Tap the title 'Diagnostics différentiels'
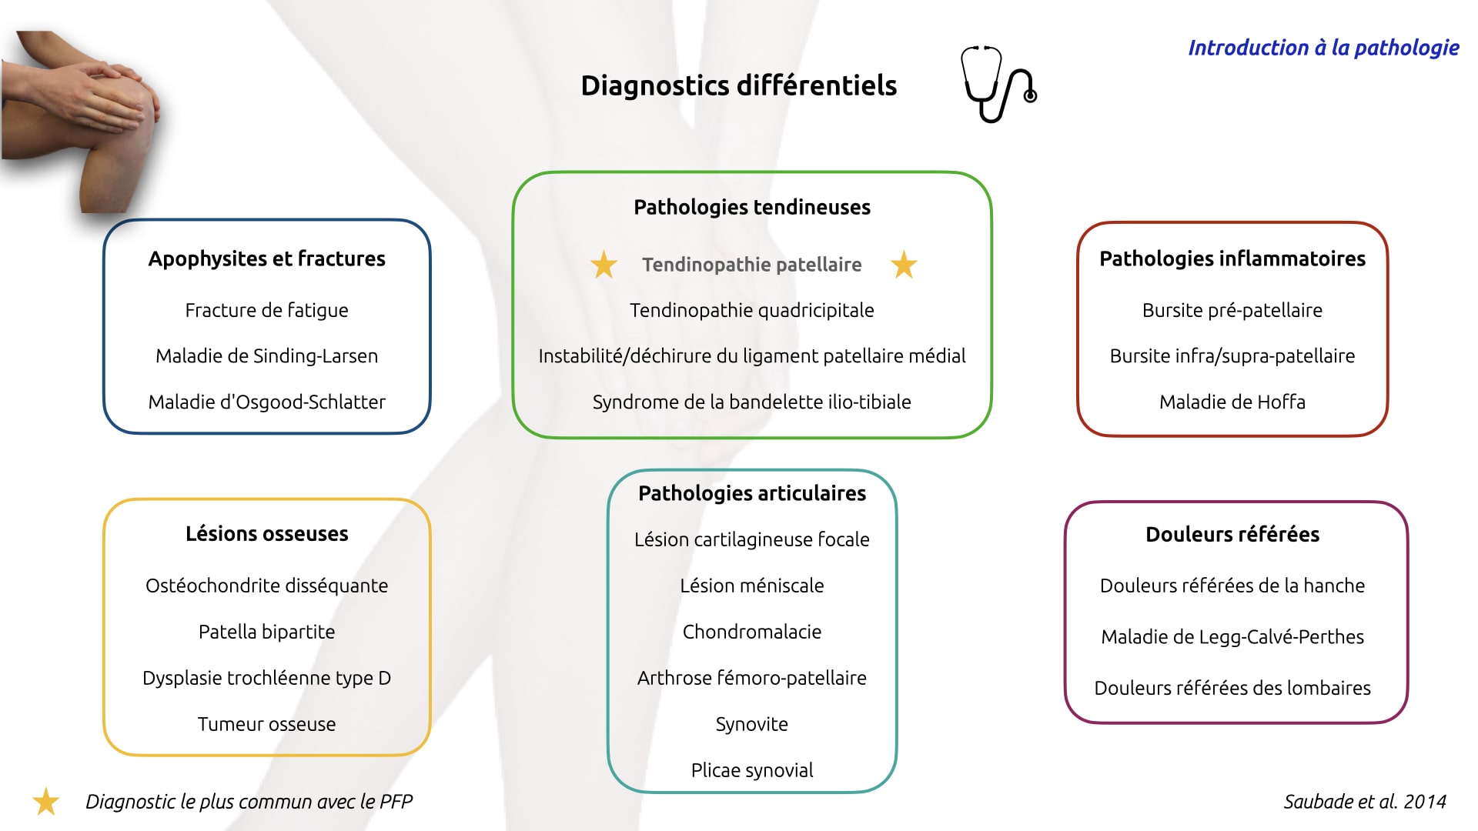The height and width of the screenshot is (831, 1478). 738,85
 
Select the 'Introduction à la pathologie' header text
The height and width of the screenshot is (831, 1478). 1323,48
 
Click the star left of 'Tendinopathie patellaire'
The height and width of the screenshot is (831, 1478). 604,265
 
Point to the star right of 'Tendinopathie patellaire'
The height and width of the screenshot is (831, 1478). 904,265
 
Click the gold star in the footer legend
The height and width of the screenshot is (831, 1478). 46,802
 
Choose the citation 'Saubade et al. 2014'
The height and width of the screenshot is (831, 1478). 1365,802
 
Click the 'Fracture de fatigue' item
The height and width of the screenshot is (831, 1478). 266,310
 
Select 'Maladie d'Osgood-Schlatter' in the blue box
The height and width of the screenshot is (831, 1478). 266,402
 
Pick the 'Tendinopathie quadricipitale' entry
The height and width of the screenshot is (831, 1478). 751,310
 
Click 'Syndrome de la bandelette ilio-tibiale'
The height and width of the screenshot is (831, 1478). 751,402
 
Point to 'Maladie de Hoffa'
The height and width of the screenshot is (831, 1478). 1232,402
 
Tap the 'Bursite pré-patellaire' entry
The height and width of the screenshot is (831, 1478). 1232,310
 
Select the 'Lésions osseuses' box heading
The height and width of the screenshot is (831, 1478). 266,533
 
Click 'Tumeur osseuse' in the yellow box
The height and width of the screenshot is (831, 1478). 266,724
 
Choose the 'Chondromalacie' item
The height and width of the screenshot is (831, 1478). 751,632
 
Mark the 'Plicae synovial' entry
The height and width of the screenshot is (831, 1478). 751,770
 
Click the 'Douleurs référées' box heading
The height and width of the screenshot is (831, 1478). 1232,534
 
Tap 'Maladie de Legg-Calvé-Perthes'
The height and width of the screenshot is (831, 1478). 1232,637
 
